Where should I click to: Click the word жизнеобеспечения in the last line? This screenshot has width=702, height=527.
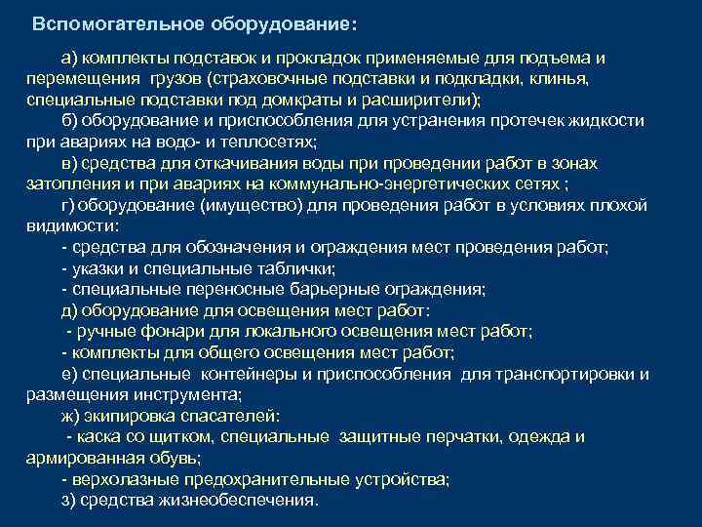tap(245, 501)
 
